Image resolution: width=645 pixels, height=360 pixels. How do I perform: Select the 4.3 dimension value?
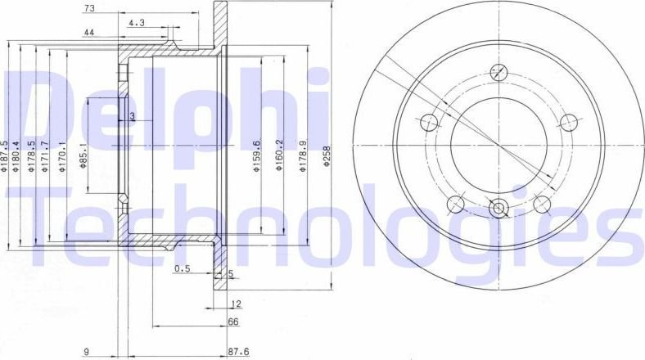(x=136, y=23)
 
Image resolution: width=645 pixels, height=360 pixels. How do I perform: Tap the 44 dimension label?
(x=88, y=33)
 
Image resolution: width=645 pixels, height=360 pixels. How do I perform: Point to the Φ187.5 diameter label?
(x=6, y=155)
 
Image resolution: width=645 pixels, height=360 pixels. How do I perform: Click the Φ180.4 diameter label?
(x=18, y=155)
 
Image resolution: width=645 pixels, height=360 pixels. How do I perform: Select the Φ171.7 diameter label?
(x=46, y=155)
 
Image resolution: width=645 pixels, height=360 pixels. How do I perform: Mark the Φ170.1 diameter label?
(x=61, y=155)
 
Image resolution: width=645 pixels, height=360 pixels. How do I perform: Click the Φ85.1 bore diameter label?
(x=83, y=155)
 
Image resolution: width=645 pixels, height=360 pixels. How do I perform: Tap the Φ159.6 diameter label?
(x=256, y=155)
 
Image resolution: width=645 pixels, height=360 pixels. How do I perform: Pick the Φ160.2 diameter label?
(x=278, y=155)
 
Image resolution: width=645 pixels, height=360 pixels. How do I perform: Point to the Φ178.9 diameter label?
(x=304, y=155)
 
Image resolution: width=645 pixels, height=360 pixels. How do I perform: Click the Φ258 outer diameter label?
(x=326, y=155)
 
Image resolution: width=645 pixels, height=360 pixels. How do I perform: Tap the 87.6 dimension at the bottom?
(x=237, y=353)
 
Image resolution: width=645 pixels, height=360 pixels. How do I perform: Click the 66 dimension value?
(x=232, y=322)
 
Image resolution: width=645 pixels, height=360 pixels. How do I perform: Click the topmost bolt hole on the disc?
(x=498, y=72)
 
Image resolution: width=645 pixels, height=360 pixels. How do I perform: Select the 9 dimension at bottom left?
(x=86, y=353)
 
